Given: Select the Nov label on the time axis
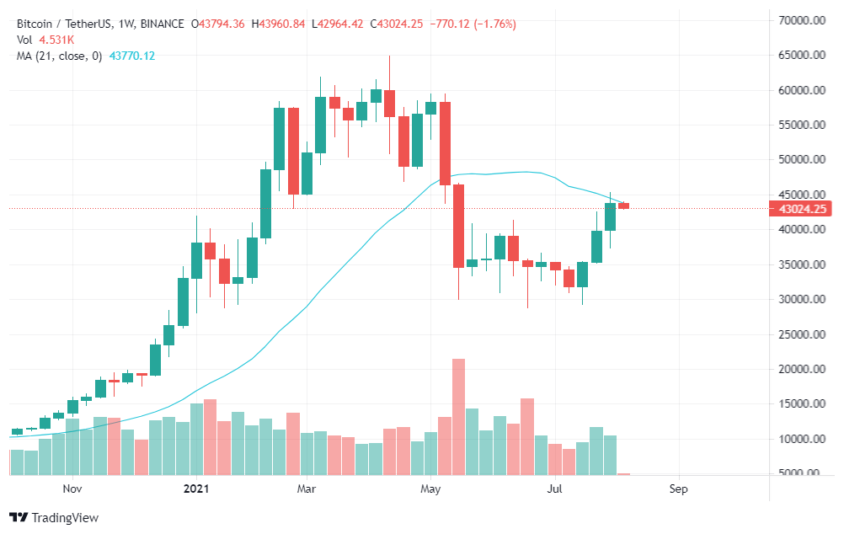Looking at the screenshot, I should coord(72,489).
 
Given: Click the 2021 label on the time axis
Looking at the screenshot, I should coord(195,489).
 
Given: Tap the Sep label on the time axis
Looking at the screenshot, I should coord(678,489).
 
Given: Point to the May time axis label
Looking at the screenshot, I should coord(430,489).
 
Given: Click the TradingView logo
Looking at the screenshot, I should coord(54,517).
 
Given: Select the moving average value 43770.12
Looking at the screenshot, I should coord(132,56).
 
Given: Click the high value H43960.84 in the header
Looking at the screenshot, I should coord(278,24).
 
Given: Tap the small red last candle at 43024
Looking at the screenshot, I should coord(623,206).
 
